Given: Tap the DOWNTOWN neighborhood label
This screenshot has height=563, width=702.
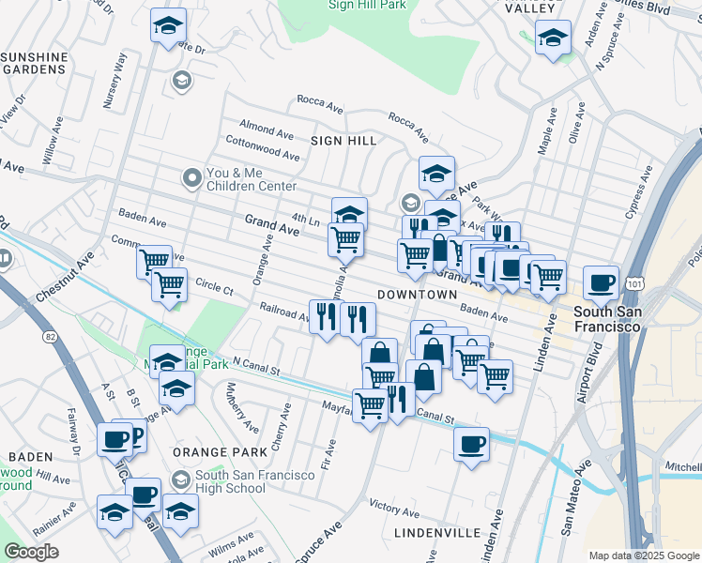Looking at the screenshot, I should (417, 295).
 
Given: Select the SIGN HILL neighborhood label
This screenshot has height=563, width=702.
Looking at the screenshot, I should (343, 141).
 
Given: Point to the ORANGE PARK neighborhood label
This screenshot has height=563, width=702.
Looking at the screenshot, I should (214, 451).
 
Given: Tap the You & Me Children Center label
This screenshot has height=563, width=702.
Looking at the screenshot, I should (251, 179).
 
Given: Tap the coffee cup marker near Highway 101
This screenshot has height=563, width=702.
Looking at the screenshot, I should (601, 281).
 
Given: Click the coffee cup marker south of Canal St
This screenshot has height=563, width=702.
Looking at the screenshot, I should (471, 444).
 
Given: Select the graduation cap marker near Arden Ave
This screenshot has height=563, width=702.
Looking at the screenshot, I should (553, 38).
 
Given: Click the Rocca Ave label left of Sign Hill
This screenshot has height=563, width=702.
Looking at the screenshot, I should (317, 99).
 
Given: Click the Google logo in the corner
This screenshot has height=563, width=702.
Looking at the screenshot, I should (31, 551).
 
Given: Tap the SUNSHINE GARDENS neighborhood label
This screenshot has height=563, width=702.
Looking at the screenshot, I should (35, 63).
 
